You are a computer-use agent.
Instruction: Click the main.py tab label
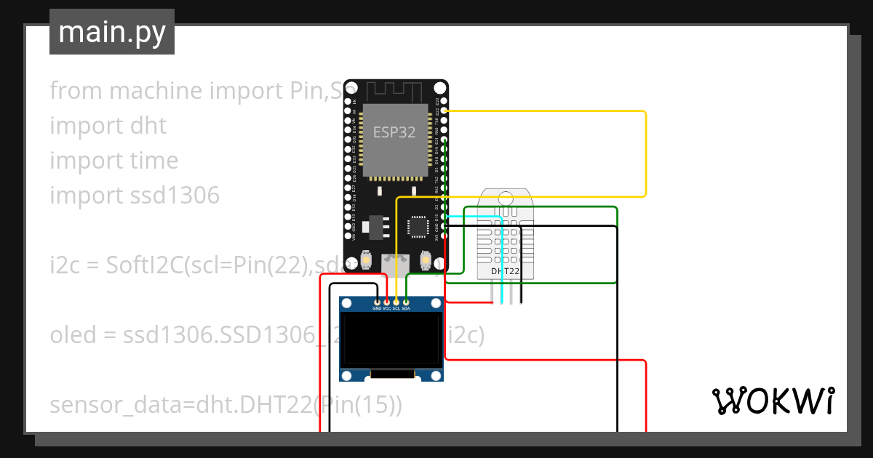pyautogui.click(x=112, y=32)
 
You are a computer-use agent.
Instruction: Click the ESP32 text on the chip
pyautogui.click(x=394, y=132)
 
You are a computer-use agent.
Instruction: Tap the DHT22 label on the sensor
pyautogui.click(x=505, y=271)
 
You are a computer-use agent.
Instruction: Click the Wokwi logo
pyautogui.click(x=773, y=401)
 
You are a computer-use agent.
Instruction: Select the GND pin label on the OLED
pyautogui.click(x=377, y=308)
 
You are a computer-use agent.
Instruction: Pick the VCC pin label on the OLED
pyautogui.click(x=386, y=308)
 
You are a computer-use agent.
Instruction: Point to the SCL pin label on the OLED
pyautogui.click(x=396, y=308)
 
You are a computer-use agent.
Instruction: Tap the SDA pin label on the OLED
pyautogui.click(x=406, y=308)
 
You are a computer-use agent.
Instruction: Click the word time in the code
pyautogui.click(x=153, y=161)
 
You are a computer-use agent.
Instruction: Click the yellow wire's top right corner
pyautogui.click(x=645, y=112)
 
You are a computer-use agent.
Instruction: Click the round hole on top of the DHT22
pyautogui.click(x=505, y=196)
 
